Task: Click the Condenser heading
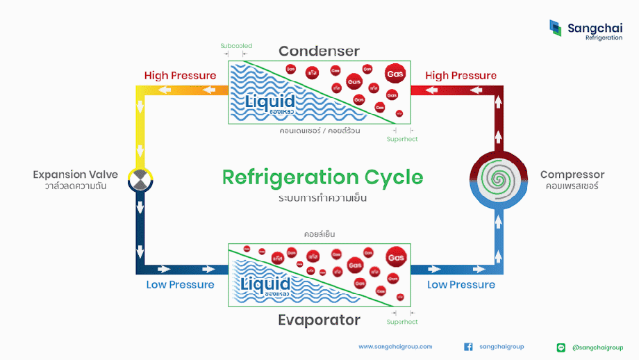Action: [x=319, y=51]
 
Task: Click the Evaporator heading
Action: [x=319, y=320]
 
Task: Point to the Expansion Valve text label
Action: [x=75, y=174]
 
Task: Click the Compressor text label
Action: [x=572, y=174]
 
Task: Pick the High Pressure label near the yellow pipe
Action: [x=180, y=75]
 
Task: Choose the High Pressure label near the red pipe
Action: [x=460, y=75]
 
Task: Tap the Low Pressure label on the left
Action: [x=180, y=284]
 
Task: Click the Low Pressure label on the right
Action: [x=460, y=284]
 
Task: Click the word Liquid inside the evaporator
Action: [x=269, y=284]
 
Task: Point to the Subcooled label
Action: [x=236, y=46]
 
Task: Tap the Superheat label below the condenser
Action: [x=402, y=139]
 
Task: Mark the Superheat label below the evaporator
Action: [x=402, y=322]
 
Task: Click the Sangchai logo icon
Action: [x=555, y=28]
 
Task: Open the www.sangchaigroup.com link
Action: [x=395, y=346]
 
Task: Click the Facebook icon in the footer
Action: [x=468, y=347]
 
